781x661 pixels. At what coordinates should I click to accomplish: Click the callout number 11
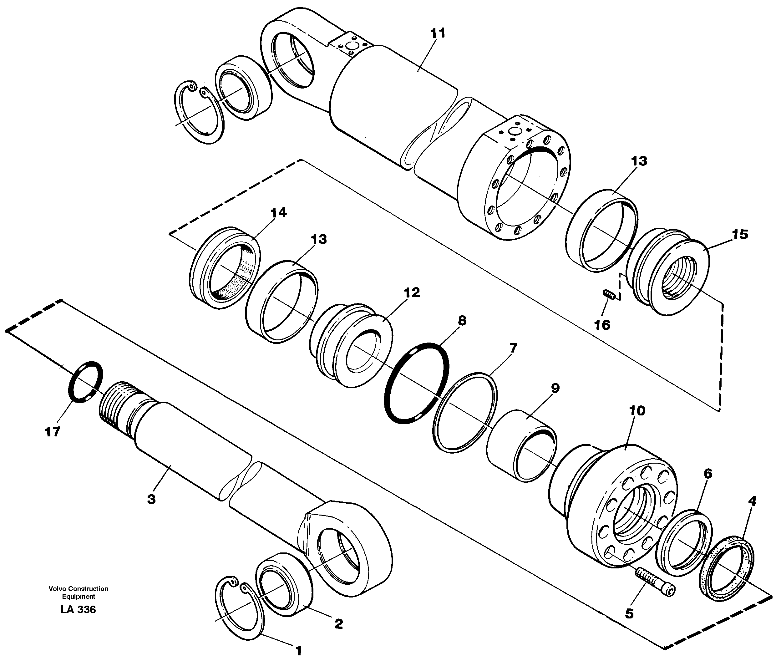(438, 33)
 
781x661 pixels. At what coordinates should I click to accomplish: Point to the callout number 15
(740, 235)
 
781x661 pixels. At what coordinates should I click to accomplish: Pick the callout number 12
(412, 292)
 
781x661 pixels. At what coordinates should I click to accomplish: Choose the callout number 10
(637, 411)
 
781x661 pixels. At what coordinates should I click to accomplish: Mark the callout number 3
(151, 499)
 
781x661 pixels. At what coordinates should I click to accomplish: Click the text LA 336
(78, 610)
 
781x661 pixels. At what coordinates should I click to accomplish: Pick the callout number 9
(555, 388)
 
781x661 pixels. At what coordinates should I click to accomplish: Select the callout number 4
(752, 501)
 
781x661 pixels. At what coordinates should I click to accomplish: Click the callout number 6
(707, 474)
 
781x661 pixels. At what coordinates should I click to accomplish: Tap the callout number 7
(513, 348)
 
